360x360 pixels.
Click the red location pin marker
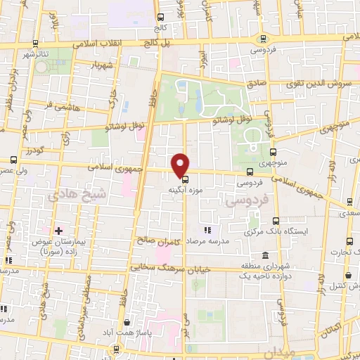tap(181, 165)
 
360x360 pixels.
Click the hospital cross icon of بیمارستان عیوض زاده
tap(58, 230)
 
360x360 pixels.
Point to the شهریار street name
tap(100, 66)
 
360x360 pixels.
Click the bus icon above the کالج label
tap(160, 17)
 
